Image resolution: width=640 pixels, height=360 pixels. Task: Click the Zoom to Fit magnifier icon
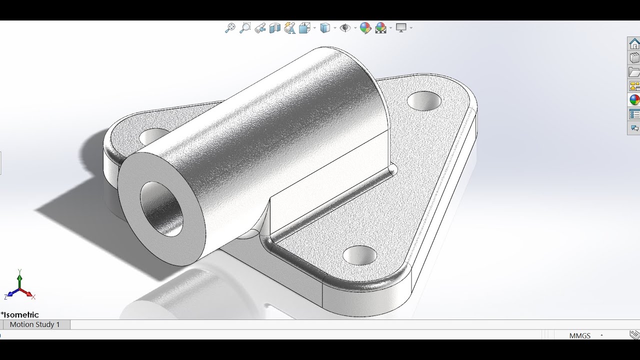point(230,28)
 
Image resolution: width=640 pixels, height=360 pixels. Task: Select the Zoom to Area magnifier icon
point(245,28)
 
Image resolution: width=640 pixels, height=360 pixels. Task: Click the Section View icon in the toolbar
point(274,28)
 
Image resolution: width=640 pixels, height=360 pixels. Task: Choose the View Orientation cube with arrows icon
point(304,28)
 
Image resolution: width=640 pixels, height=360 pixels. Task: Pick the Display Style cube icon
point(325,28)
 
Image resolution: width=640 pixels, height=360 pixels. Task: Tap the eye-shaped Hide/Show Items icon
point(345,28)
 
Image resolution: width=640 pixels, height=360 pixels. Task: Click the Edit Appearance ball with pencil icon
point(365,28)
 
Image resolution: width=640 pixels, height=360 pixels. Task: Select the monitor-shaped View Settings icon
point(401,28)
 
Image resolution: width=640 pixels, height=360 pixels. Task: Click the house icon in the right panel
point(634,44)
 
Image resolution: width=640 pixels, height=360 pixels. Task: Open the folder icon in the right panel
point(634,72)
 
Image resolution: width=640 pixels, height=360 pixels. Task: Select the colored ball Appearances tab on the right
point(634,100)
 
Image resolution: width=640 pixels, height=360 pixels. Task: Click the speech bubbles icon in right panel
point(634,128)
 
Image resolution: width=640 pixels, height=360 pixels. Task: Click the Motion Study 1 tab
point(35,324)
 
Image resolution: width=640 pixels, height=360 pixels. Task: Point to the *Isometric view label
point(20,315)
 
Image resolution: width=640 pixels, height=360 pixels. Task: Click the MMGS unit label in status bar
point(579,336)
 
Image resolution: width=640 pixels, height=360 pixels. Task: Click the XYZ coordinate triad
point(19,287)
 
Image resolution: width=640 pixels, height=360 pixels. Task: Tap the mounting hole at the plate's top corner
point(424,101)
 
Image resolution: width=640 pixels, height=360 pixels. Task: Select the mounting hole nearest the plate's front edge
point(360,255)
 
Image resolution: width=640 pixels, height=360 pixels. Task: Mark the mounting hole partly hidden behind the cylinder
point(153,135)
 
